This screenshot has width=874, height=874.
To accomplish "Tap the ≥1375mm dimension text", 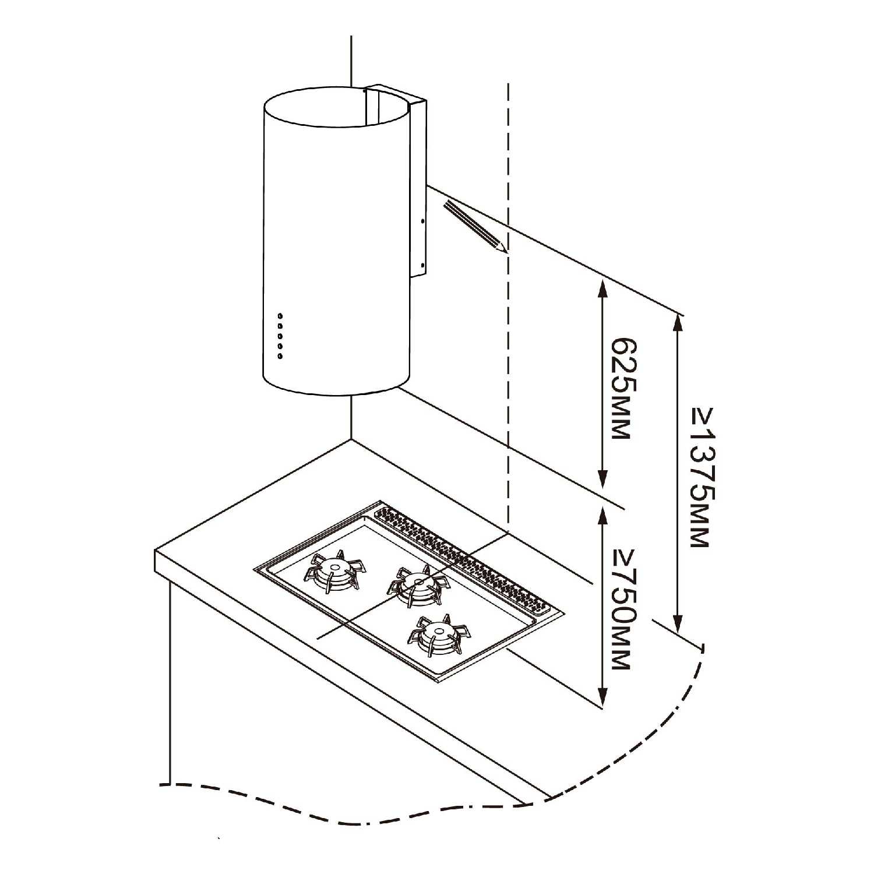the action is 702,477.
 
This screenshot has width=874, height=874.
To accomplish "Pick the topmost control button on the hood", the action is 280,316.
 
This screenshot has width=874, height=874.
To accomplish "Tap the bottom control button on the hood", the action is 280,356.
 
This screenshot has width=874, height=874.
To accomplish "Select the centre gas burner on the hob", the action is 418,583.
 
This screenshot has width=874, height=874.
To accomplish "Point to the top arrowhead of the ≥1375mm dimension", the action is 678,324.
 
